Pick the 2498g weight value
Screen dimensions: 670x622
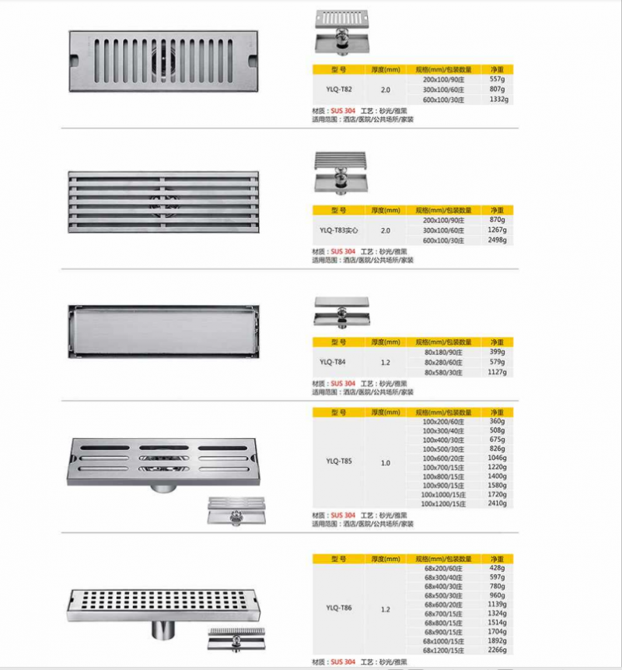click(x=498, y=240)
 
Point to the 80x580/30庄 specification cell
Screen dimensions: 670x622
click(x=445, y=372)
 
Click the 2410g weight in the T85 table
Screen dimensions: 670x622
click(x=498, y=503)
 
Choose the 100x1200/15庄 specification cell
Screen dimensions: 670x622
click(x=444, y=503)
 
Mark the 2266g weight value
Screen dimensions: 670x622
click(x=498, y=650)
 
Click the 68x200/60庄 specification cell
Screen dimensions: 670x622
click(x=444, y=568)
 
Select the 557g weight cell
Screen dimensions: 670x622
click(x=498, y=79)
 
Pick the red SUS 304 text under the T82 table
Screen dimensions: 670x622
click(x=343, y=111)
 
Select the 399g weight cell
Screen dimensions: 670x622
click(x=498, y=352)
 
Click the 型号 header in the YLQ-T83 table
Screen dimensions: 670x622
click(x=337, y=210)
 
